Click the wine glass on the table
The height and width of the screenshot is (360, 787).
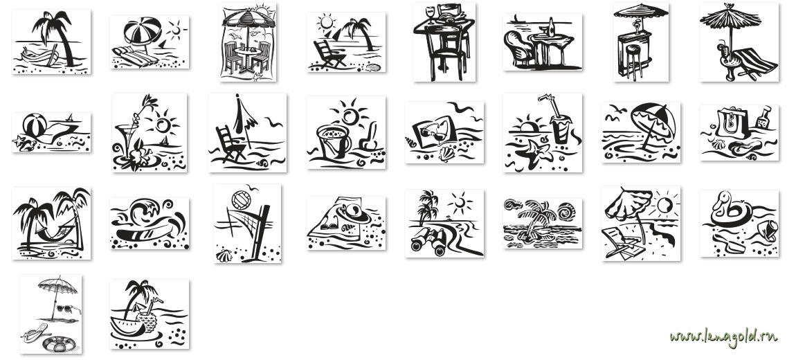430,13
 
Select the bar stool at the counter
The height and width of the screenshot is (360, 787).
633,60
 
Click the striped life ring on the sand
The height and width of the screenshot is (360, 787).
60,345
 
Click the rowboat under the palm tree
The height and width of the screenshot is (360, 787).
40,55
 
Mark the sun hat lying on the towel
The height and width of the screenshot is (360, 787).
353,213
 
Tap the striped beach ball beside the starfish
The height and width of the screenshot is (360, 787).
35,125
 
